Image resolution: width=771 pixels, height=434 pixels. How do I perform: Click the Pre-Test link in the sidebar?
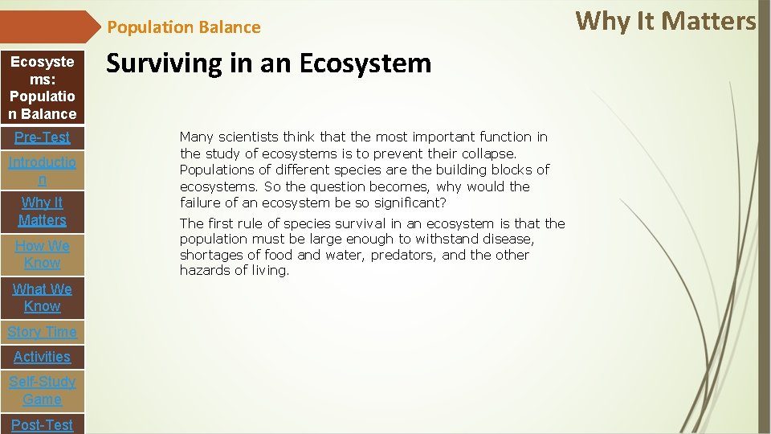pyautogui.click(x=42, y=137)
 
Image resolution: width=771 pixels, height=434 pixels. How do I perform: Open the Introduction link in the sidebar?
pyautogui.click(x=42, y=171)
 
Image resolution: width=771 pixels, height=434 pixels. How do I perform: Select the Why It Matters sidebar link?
pyautogui.click(x=42, y=211)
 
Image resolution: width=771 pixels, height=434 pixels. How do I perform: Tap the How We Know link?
pyautogui.click(x=42, y=254)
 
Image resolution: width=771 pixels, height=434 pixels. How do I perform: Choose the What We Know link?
pyautogui.click(x=42, y=297)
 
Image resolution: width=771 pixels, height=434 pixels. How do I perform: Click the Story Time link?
pyautogui.click(x=42, y=332)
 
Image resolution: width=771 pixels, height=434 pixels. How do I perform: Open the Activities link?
pyautogui.click(x=42, y=357)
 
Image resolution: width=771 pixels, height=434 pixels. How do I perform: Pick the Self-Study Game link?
pyautogui.click(x=42, y=391)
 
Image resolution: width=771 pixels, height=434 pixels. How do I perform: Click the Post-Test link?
pyautogui.click(x=42, y=424)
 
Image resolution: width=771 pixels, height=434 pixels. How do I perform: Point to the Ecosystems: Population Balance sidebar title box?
pyautogui.click(x=42, y=88)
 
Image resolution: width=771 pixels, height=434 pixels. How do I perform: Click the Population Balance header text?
pyautogui.click(x=184, y=27)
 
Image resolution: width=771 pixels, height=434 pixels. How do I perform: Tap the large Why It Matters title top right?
pyautogui.click(x=666, y=20)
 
